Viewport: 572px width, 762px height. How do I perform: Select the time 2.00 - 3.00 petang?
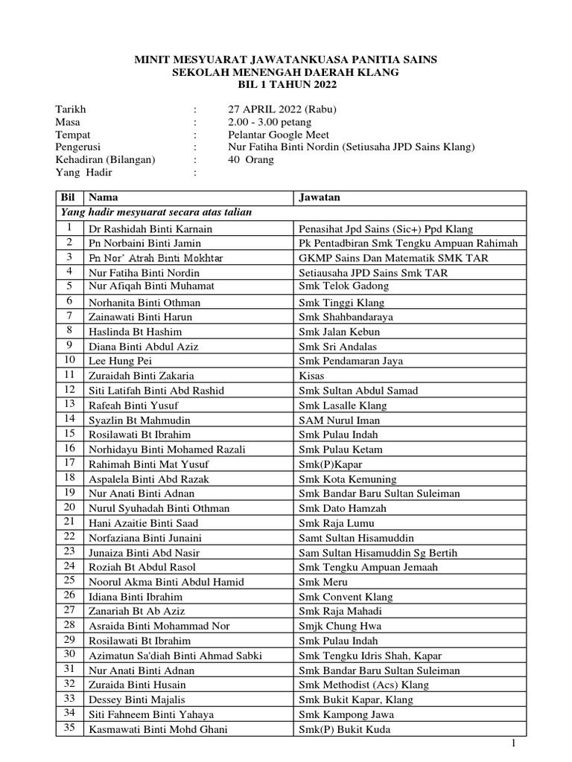tap(270, 122)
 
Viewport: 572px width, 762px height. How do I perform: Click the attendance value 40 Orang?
tap(252, 160)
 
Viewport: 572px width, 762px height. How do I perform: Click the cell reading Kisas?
tap(311, 376)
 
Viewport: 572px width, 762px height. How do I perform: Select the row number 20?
tap(69, 508)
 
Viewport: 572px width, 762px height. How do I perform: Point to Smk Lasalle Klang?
tap(339, 405)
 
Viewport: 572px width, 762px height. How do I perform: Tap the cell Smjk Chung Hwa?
tap(334, 626)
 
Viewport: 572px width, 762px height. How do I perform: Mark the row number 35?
tap(69, 729)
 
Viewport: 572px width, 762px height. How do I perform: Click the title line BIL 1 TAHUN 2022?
tap(286, 85)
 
